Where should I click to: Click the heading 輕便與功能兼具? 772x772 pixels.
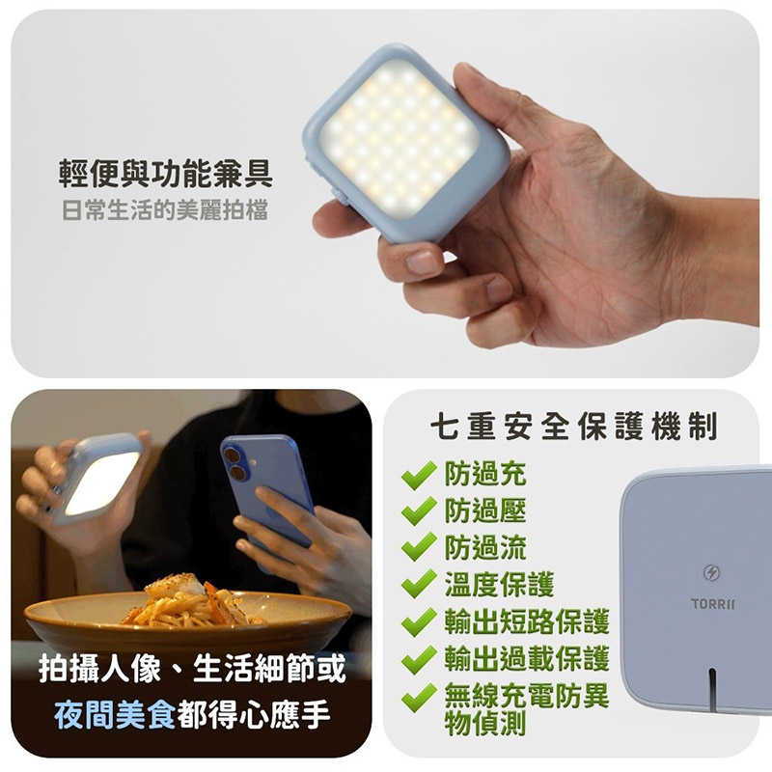(x=165, y=174)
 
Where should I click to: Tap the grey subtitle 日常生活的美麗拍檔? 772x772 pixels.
(x=165, y=210)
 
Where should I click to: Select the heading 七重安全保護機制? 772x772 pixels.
(x=573, y=427)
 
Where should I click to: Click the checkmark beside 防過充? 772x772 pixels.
(x=419, y=475)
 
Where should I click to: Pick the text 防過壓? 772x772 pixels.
(x=485, y=510)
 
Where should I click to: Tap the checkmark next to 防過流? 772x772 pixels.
(x=419, y=547)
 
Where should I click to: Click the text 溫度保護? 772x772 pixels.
(x=499, y=585)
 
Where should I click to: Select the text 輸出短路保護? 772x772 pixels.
(x=527, y=621)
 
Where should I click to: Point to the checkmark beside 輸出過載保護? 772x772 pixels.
(x=419, y=659)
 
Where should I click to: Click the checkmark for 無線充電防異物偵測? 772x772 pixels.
(x=419, y=697)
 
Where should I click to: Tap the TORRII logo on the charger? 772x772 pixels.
(x=712, y=604)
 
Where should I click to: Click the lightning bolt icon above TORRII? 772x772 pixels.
(x=712, y=572)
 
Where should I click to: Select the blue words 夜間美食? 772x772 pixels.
(x=115, y=714)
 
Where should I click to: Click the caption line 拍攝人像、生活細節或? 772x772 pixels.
(x=192, y=669)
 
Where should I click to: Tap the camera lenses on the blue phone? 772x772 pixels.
(x=234, y=464)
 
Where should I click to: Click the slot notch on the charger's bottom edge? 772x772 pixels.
(x=712, y=689)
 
